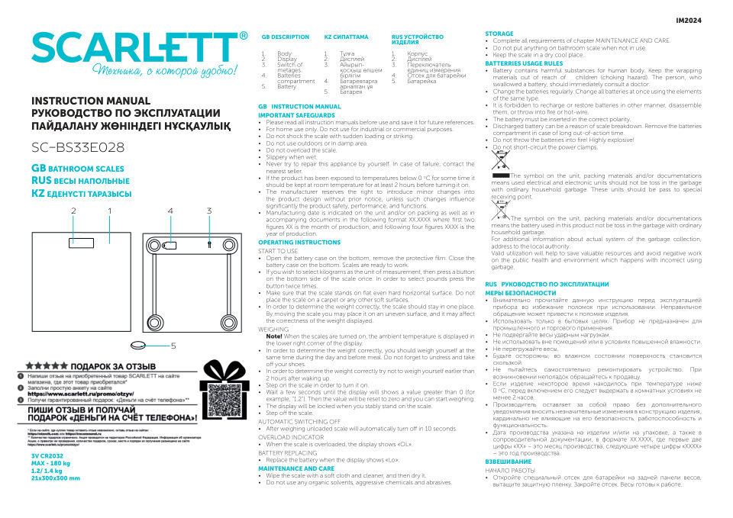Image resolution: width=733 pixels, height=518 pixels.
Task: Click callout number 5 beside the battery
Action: [x=173, y=346]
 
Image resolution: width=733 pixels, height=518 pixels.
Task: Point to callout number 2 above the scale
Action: [x=73, y=211]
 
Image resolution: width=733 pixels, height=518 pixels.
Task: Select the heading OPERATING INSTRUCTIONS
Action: [x=299, y=242]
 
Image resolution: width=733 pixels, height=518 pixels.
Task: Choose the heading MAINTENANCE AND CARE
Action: [x=296, y=468]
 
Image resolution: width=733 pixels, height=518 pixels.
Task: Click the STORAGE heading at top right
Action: [x=499, y=34]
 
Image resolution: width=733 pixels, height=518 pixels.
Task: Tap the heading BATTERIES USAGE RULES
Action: [x=524, y=63]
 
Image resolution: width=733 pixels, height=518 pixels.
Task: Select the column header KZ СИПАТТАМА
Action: [x=346, y=37]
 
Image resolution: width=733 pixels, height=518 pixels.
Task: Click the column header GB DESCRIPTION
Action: [x=285, y=37]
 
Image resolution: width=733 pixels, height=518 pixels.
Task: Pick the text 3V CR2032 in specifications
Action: [x=47, y=455]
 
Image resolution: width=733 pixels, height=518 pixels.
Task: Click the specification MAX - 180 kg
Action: [x=50, y=463]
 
